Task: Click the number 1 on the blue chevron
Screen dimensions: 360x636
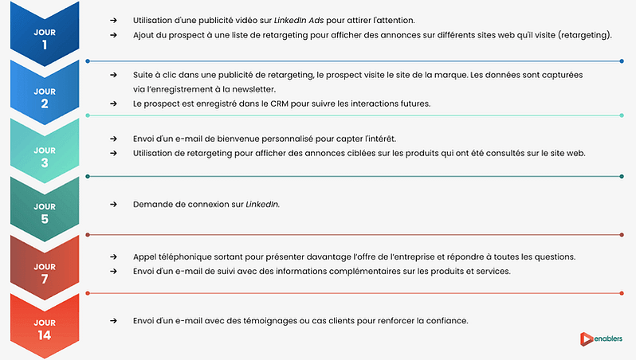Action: click(x=45, y=45)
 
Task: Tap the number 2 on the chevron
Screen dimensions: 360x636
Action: click(x=45, y=104)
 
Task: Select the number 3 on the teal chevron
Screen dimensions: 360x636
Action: click(x=45, y=162)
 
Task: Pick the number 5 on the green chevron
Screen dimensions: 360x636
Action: click(x=45, y=219)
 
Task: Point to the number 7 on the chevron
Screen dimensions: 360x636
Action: click(x=45, y=279)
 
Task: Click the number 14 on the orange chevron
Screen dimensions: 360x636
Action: click(x=45, y=335)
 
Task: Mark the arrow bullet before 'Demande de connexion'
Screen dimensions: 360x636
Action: click(x=114, y=205)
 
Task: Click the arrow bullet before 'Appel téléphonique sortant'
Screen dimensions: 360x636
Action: click(x=114, y=256)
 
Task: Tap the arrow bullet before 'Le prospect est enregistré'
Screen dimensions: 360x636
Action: click(x=114, y=104)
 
